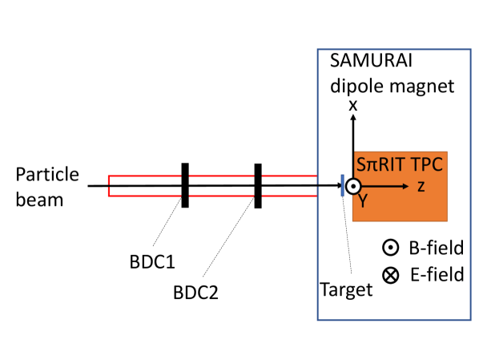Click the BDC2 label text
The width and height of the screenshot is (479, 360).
[x=196, y=293]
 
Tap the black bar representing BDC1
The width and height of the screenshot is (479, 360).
[x=185, y=185]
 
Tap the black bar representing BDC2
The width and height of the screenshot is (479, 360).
[x=258, y=185]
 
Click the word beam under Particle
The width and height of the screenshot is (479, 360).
[x=39, y=200]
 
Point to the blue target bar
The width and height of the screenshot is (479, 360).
[x=343, y=186]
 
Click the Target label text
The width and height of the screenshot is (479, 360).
[x=346, y=289]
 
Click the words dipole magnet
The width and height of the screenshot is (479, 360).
[x=381, y=84]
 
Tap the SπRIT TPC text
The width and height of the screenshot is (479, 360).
[x=400, y=164]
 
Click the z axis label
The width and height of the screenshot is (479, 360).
[x=421, y=186]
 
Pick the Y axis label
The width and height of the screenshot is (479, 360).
[x=362, y=201]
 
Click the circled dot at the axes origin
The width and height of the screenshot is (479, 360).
[x=352, y=186]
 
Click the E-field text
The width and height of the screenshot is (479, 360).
[x=436, y=275]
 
